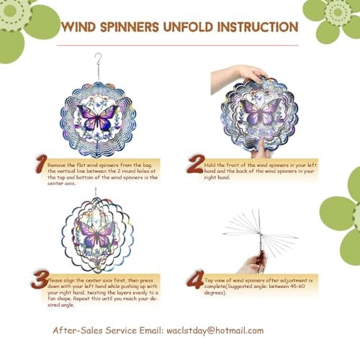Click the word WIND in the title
click(81, 27)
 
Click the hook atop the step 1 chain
click(99, 57)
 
